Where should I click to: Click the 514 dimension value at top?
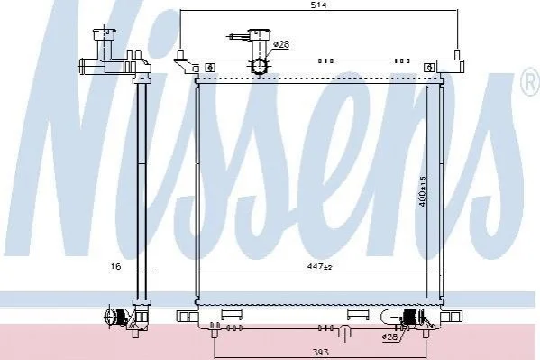point(318,5)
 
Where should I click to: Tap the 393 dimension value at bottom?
point(321,353)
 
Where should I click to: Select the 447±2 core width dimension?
point(320,266)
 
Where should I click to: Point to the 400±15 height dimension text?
point(423,191)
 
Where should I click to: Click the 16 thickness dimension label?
point(116,266)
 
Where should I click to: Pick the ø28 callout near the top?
point(281,44)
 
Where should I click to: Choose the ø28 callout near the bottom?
point(389,337)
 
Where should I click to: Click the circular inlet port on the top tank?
point(260,66)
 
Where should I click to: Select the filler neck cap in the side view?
point(104,33)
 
